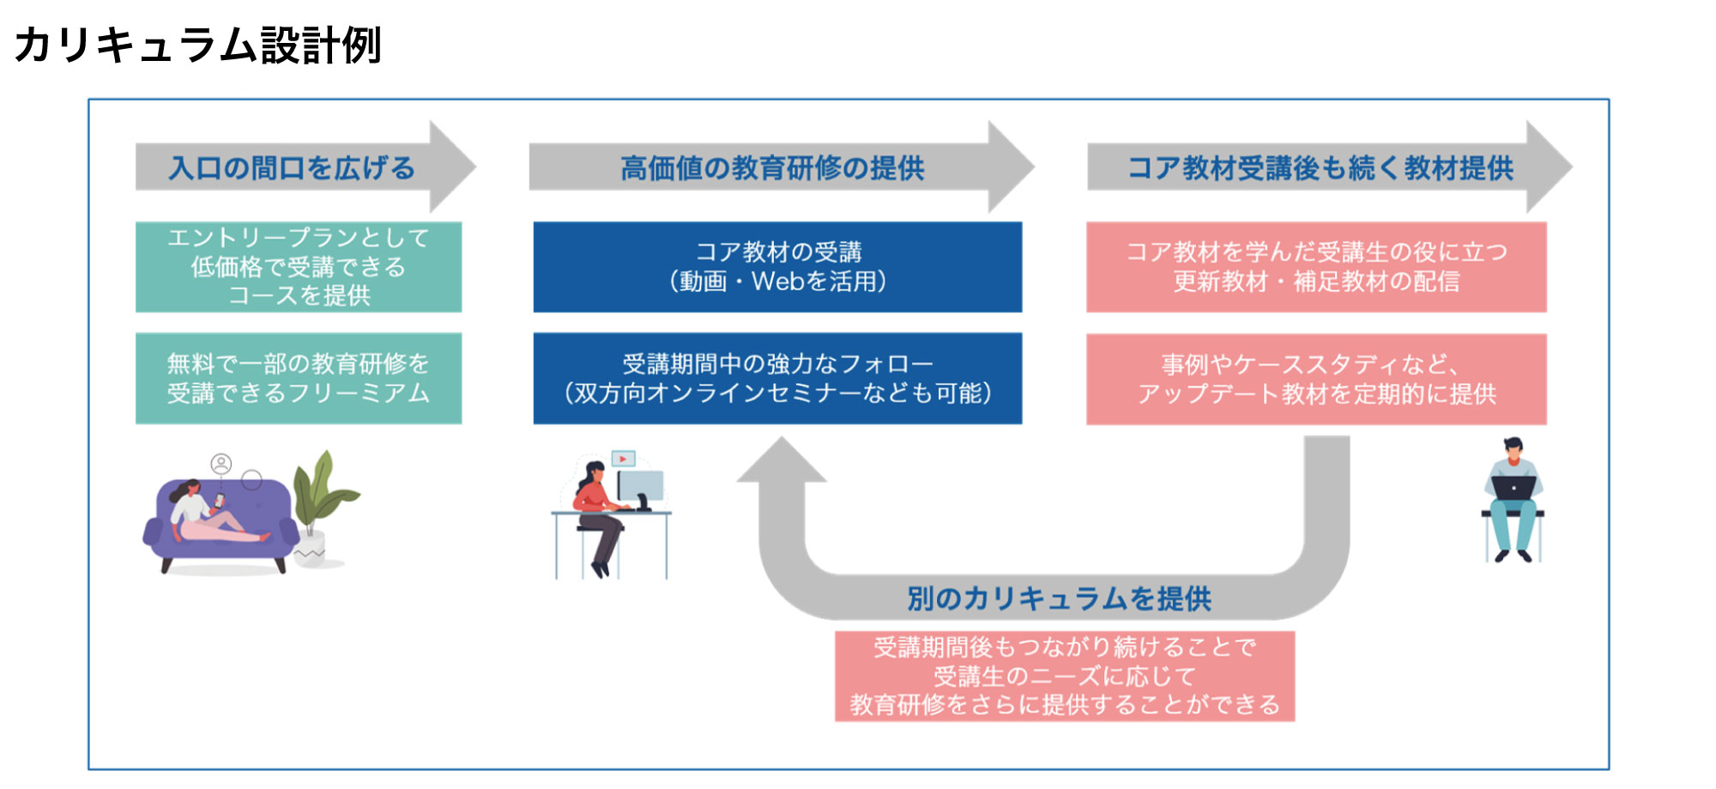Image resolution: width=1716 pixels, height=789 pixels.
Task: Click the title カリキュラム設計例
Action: coord(197,45)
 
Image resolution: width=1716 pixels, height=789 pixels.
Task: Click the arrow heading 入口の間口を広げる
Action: coord(292,167)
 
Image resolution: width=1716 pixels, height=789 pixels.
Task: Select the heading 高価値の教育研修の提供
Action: coord(772,167)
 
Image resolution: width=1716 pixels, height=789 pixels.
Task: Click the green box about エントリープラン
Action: coord(299,266)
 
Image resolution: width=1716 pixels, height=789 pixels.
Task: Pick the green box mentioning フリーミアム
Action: coord(299,378)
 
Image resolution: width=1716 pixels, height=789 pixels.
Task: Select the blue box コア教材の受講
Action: coord(777,266)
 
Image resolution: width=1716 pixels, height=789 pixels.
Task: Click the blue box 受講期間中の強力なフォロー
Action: coord(777,378)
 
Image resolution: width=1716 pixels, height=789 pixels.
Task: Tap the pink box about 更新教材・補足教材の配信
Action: coord(1316,266)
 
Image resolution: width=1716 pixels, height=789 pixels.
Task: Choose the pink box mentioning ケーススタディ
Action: coord(1316,379)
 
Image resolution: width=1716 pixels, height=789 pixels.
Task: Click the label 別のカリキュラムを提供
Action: coord(1059,598)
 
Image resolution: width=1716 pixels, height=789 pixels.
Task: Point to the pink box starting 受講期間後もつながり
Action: coord(1064,676)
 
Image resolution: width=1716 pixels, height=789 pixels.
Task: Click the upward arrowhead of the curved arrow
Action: coord(782,459)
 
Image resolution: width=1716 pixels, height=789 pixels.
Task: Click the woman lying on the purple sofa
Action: coord(210,515)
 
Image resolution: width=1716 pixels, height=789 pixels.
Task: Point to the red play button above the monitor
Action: coord(623,459)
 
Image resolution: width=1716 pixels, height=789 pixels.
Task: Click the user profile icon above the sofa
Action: coord(221,464)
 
